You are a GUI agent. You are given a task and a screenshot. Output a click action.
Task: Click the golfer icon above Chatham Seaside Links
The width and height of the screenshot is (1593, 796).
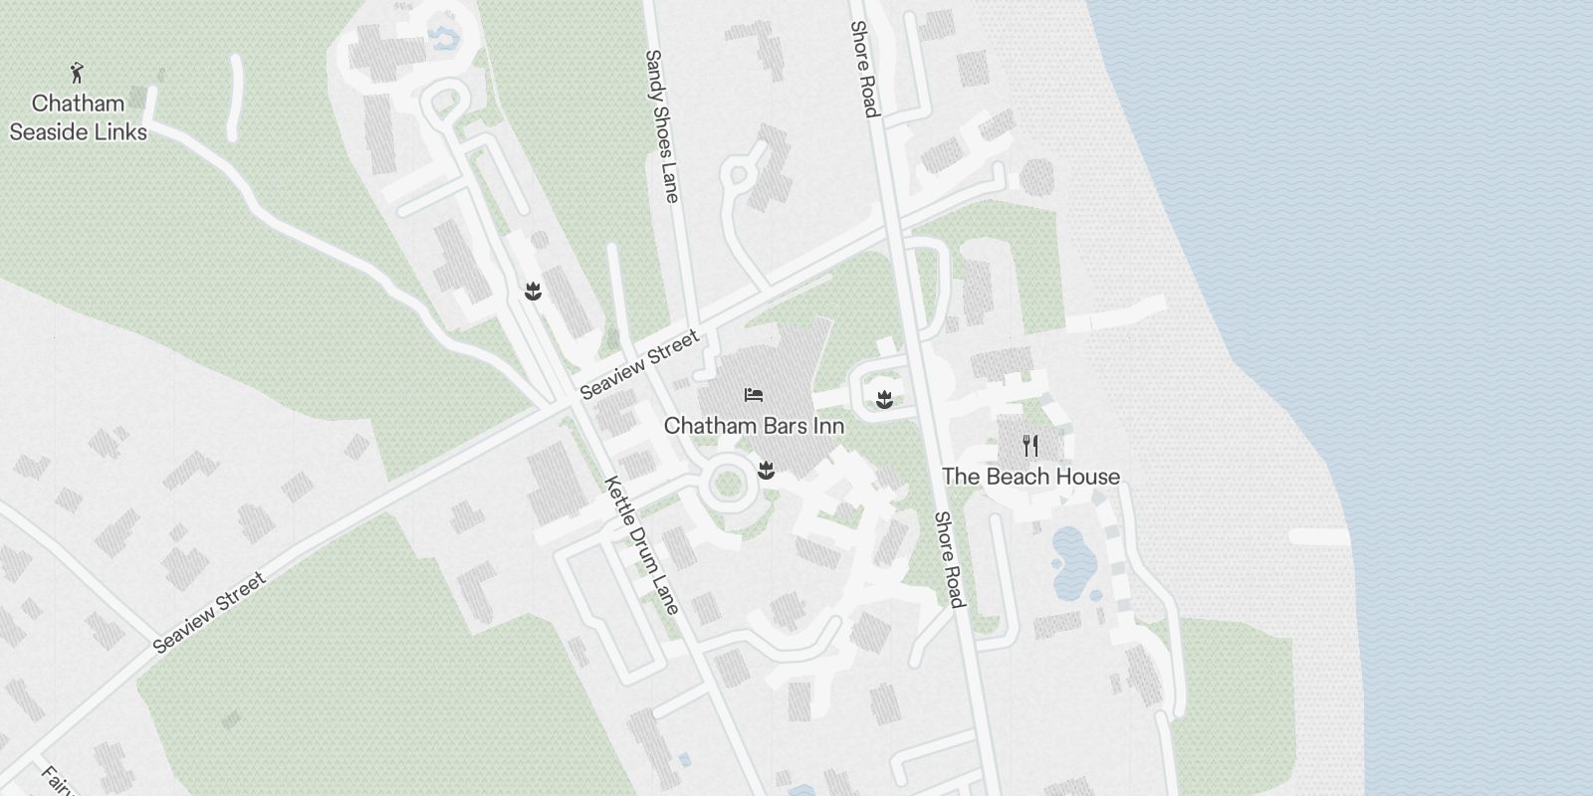tap(77, 72)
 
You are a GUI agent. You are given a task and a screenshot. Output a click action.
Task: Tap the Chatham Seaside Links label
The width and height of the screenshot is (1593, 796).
tap(78, 117)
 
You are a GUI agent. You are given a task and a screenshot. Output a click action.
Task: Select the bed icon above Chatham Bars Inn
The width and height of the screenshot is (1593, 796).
tap(754, 395)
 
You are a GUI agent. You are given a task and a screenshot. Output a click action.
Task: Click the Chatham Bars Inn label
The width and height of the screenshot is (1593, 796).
tap(754, 426)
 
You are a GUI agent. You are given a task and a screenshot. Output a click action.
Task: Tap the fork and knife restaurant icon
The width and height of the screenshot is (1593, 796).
tap(1030, 445)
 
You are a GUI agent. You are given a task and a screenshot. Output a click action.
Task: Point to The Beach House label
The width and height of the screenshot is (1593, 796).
tap(1030, 477)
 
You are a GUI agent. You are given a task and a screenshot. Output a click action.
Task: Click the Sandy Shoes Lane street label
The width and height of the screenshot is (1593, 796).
tap(662, 126)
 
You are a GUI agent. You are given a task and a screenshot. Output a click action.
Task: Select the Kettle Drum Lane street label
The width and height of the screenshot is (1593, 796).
tap(642, 545)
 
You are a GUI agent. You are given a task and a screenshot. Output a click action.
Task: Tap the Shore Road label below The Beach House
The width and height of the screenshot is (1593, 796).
tap(949, 559)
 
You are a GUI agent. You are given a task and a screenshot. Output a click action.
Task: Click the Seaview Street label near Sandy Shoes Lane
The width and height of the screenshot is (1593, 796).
tap(640, 365)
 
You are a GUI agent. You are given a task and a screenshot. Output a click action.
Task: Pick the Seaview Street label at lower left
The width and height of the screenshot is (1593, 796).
tap(209, 613)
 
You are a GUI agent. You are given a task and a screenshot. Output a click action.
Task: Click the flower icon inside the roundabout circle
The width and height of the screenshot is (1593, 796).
tap(766, 470)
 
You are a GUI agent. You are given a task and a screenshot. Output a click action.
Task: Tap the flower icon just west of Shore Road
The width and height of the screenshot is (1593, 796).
tap(882, 400)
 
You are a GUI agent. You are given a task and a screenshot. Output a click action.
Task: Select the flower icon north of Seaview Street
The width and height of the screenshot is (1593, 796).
tap(535, 292)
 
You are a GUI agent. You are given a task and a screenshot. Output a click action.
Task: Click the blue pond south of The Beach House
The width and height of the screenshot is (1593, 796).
tap(1071, 563)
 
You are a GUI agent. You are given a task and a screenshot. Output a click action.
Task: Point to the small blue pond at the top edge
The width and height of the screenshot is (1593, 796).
tap(441, 38)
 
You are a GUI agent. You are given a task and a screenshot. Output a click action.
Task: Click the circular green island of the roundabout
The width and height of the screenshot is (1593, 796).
tap(728, 486)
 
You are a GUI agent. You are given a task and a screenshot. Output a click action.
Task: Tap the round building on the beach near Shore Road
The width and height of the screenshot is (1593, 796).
tap(1036, 177)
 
